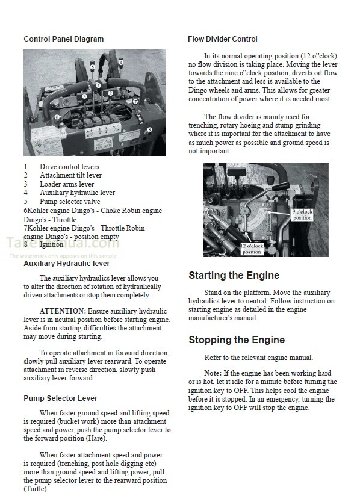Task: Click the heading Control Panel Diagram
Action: coord(63,39)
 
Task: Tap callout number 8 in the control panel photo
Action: coord(149,129)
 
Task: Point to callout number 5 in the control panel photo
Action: coord(92,67)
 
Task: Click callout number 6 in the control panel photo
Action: coord(57,117)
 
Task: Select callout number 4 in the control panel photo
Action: coord(120,62)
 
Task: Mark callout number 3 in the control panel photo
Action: coord(84,96)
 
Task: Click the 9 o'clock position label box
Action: coord(302,215)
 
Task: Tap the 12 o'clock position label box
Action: coord(252,249)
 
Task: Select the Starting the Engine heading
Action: coord(234,276)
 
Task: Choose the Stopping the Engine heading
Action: coord(236,340)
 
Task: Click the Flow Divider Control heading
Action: coord(222,39)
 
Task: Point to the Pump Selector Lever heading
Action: coord(60,398)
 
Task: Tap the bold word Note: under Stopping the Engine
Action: coord(213,373)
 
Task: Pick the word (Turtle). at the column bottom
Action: coord(38,489)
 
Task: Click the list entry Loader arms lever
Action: coord(67,184)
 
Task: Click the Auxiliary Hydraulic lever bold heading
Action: coord(66,264)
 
